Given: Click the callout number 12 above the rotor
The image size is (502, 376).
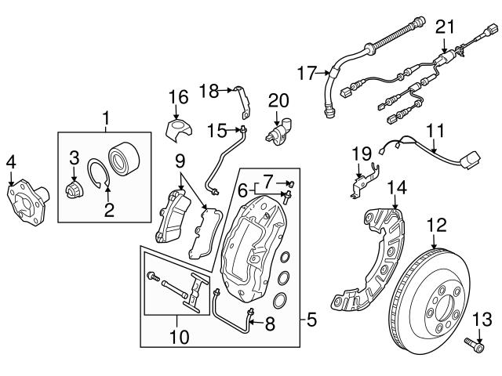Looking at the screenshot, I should coord(435,225).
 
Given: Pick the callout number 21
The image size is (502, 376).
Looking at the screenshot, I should coord(445,27).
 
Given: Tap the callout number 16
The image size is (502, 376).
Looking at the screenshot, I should coord(179,97).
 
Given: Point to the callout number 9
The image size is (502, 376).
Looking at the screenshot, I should coord(180,162).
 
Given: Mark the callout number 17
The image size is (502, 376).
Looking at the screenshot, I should coord(307,74).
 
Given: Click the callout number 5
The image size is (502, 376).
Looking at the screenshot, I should coord(311,320).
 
